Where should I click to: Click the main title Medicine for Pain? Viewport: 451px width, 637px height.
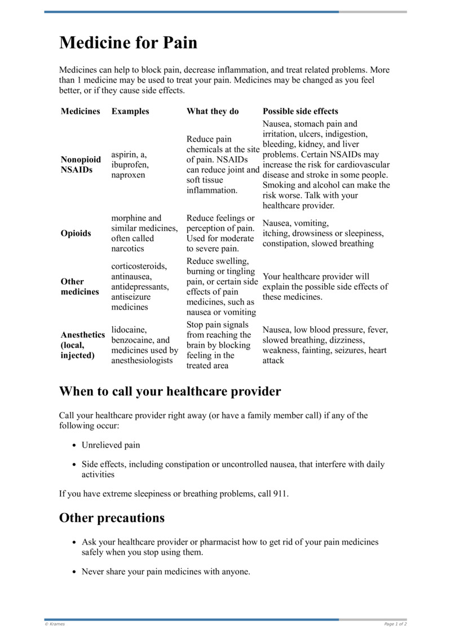pyautogui.click(x=128, y=42)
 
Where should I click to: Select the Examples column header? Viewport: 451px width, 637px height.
pyautogui.click(x=130, y=111)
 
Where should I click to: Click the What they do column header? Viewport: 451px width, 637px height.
pyautogui.click(x=213, y=111)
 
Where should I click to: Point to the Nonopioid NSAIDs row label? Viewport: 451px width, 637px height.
pyautogui.click(x=81, y=165)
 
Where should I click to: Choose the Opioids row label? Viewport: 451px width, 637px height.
pyautogui.click(x=76, y=233)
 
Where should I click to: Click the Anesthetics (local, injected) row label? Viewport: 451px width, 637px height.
pyautogui.click(x=82, y=345)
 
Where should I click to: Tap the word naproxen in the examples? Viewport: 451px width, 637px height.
pyautogui.click(x=128, y=175)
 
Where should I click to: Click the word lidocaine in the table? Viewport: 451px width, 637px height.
pyautogui.click(x=129, y=330)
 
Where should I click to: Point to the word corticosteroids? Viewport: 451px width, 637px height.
pyautogui.click(x=139, y=266)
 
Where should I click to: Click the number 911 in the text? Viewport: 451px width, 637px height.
pyautogui.click(x=280, y=494)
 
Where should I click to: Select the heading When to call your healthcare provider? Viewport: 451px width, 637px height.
pyautogui.click(x=170, y=391)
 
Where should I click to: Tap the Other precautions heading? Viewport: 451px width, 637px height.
pyautogui.click(x=112, y=518)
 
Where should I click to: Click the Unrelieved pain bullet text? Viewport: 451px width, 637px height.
pyautogui.click(x=110, y=445)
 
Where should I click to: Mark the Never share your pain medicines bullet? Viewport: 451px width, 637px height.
pyautogui.click(x=166, y=571)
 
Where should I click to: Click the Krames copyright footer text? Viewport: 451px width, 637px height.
pyautogui.click(x=55, y=624)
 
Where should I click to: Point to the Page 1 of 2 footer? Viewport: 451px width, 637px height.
pyautogui.click(x=395, y=624)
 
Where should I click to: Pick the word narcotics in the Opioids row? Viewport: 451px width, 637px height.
pyautogui.click(x=127, y=249)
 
